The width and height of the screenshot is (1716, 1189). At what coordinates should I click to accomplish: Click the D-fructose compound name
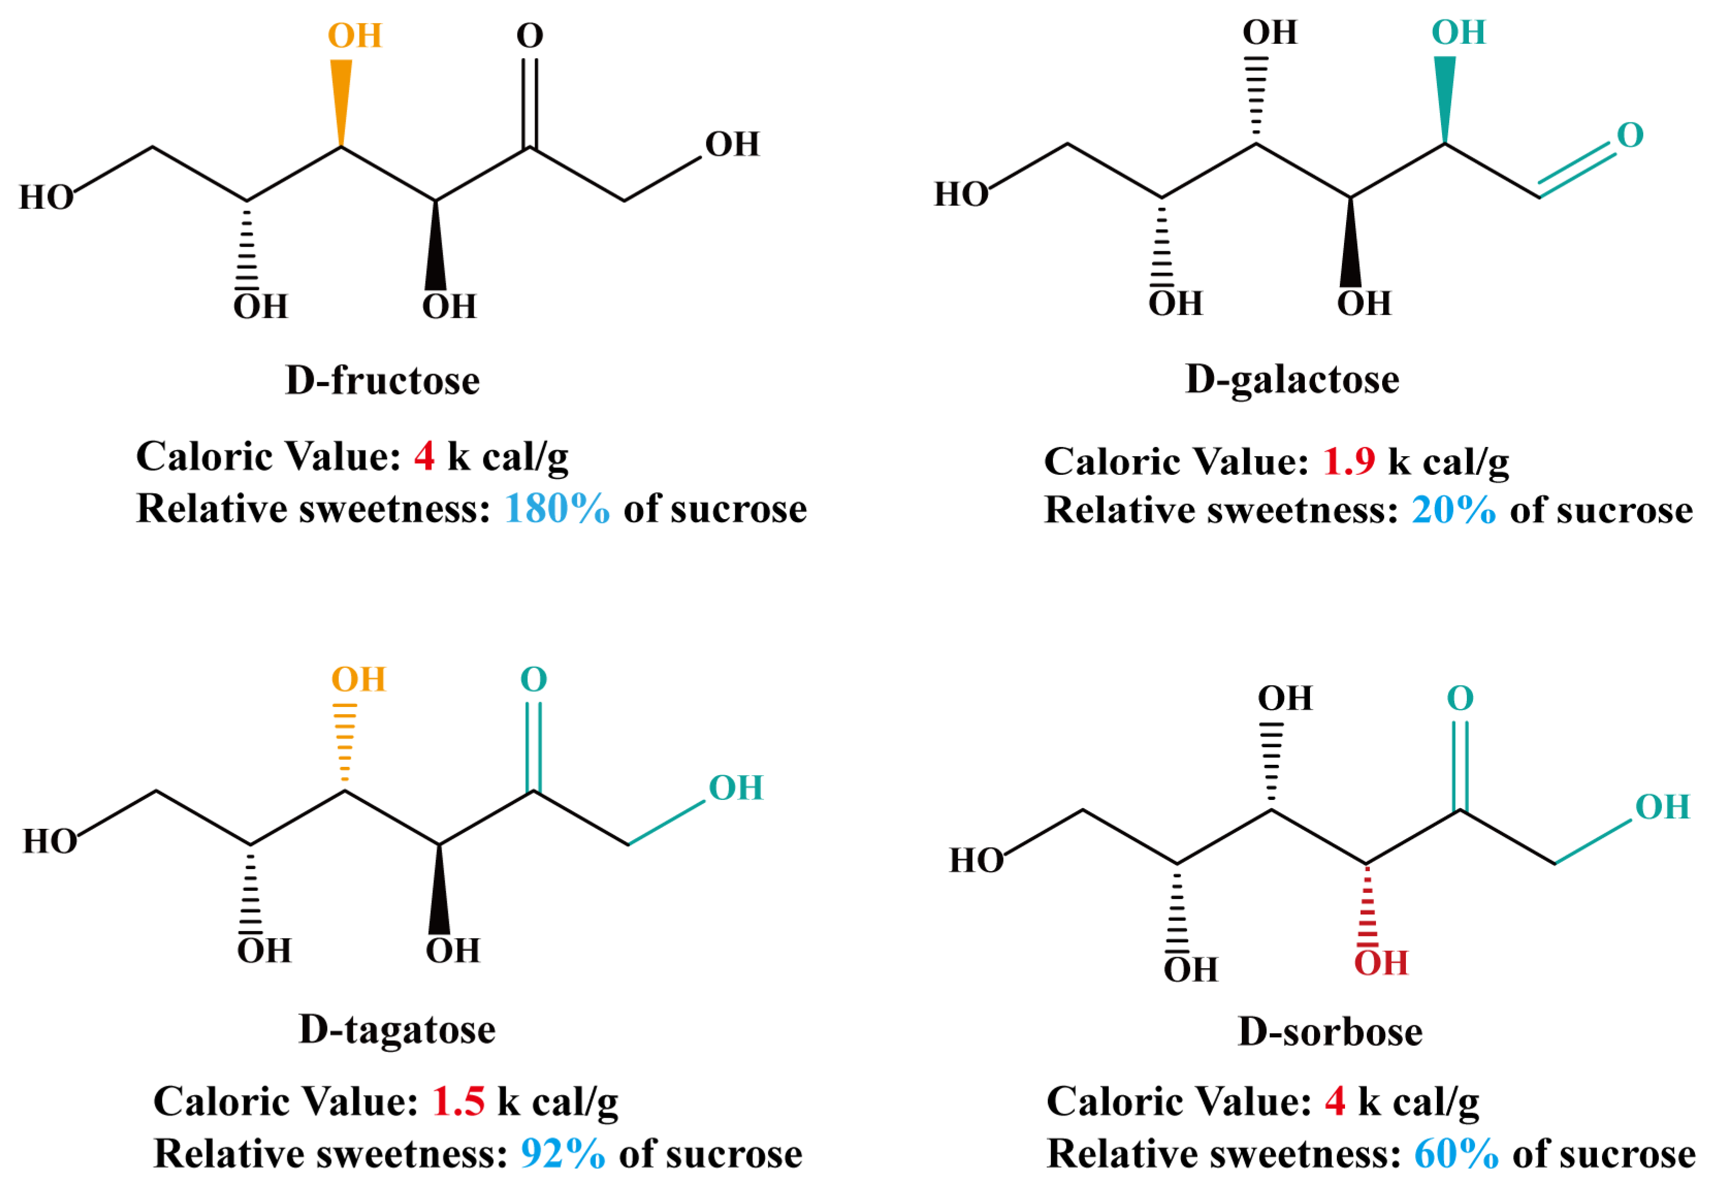point(382,381)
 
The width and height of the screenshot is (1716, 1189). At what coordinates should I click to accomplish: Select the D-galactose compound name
point(1291,379)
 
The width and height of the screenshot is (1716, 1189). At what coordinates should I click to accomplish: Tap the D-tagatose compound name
point(397,1030)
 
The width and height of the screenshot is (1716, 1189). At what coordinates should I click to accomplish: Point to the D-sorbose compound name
point(1330,1032)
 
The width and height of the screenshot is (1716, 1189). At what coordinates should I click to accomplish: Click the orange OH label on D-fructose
point(354,36)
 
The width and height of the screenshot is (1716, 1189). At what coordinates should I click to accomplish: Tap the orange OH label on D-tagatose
point(358,680)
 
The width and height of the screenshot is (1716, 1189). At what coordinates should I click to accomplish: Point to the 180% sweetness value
point(556,509)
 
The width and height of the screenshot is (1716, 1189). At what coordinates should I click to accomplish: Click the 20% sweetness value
point(1453,511)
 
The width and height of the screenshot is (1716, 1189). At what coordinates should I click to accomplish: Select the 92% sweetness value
point(562,1154)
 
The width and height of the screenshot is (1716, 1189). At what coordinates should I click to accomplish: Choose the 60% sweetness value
point(1456,1154)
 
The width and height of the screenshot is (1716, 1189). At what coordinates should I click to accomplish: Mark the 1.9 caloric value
point(1349,461)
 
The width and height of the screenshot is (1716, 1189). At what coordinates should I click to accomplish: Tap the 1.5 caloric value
point(458,1101)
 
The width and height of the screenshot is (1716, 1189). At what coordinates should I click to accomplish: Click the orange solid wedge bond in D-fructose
point(341,101)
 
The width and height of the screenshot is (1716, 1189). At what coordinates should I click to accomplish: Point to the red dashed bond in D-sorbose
point(1367,905)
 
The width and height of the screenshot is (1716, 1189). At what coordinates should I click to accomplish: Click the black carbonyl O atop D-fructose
point(529,36)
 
